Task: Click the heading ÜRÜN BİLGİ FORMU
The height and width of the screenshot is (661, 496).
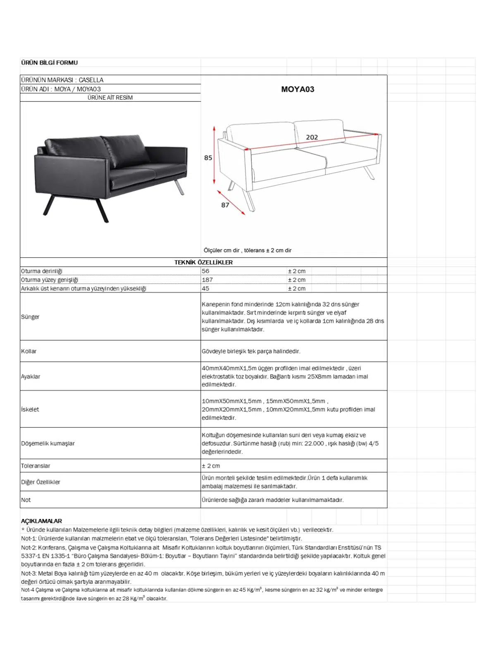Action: (49, 63)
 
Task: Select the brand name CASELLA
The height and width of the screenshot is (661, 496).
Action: (91, 80)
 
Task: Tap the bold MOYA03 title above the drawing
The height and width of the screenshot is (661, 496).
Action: (298, 89)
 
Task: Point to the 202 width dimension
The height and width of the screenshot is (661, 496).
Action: (312, 137)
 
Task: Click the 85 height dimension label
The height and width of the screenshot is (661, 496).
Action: (208, 158)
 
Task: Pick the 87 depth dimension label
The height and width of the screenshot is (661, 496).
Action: (225, 205)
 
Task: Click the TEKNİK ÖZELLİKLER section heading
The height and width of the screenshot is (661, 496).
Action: (203, 262)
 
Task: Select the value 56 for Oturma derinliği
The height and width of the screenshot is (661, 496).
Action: (205, 271)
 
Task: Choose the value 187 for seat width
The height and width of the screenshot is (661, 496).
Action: (207, 280)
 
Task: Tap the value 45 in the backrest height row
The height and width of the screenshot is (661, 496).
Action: (205, 288)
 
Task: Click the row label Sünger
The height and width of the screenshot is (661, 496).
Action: (30, 317)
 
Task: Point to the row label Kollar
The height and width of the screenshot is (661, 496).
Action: (29, 351)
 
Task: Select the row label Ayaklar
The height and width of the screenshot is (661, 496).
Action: (31, 376)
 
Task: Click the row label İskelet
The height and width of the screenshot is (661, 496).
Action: (30, 409)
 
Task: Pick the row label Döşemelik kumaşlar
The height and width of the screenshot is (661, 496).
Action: (48, 443)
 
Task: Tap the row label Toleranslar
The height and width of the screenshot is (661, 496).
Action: (36, 466)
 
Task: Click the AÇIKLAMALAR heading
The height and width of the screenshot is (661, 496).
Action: (41, 521)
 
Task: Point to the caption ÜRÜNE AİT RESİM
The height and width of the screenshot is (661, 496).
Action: (110, 97)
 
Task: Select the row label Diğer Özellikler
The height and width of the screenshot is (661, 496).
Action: (41, 482)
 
